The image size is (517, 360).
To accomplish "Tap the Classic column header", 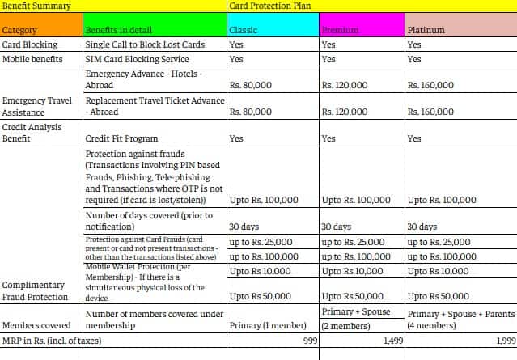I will click(244, 30).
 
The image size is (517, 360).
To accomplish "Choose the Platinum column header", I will click(427, 30).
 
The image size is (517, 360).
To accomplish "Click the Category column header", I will click(20, 30).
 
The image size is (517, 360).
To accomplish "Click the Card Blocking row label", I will click(30, 45).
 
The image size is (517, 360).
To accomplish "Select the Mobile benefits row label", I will click(34, 59).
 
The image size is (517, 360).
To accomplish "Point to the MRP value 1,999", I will click(505, 341).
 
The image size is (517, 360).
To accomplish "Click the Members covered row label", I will click(35, 325).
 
